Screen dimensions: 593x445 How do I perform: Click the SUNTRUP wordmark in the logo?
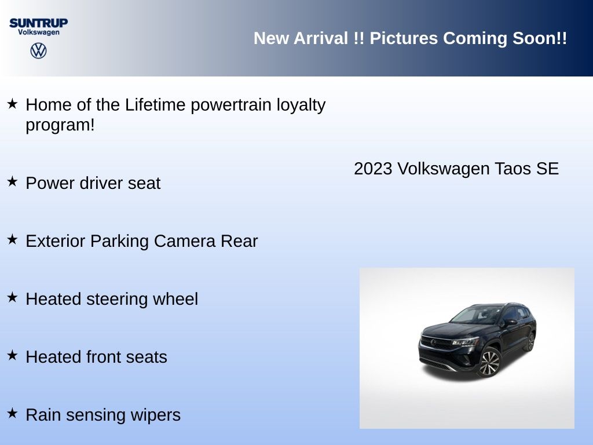(39, 23)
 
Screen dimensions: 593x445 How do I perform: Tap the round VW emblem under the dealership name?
(39, 50)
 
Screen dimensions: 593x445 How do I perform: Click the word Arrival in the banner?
(321, 38)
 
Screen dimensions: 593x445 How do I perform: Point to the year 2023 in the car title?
(373, 169)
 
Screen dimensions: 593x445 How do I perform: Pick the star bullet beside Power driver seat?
(13, 181)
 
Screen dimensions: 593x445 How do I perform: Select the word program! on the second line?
(60, 125)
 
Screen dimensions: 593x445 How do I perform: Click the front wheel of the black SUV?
(489, 363)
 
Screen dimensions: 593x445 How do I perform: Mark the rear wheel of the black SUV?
(530, 341)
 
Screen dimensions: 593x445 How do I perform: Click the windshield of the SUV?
(477, 315)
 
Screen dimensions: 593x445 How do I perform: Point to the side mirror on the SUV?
(510, 322)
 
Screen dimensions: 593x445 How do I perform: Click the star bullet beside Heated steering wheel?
(13, 297)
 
